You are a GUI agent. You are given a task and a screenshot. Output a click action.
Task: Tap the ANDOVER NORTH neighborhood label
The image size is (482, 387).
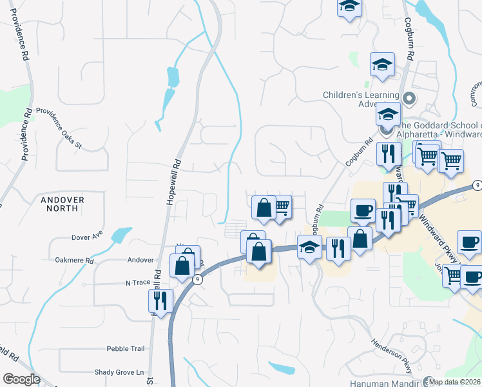pyautogui.click(x=63, y=204)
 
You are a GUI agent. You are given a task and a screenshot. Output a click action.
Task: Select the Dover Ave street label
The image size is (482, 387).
pyautogui.click(x=88, y=236)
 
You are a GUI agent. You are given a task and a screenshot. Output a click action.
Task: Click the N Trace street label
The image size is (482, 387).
pyautogui.click(x=137, y=283)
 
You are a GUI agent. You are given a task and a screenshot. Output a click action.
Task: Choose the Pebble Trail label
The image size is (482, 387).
pyautogui.click(x=126, y=348)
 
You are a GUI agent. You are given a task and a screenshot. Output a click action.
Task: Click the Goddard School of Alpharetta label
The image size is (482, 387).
pyautogui.click(x=438, y=130)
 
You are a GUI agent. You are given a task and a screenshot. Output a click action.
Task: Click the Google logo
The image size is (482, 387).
pyautogui.click(x=21, y=379)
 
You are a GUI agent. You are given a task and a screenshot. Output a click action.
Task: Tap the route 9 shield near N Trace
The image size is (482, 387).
pyautogui.click(x=198, y=279)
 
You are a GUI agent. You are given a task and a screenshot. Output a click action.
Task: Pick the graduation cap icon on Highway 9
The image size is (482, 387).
pyautogui.click(x=309, y=246)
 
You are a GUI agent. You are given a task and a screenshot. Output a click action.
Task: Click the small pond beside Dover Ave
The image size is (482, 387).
pyautogui.click(x=120, y=235)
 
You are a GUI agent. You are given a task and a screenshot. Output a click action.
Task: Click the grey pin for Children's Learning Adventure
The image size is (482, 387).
pyautogui.click(x=410, y=98)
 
